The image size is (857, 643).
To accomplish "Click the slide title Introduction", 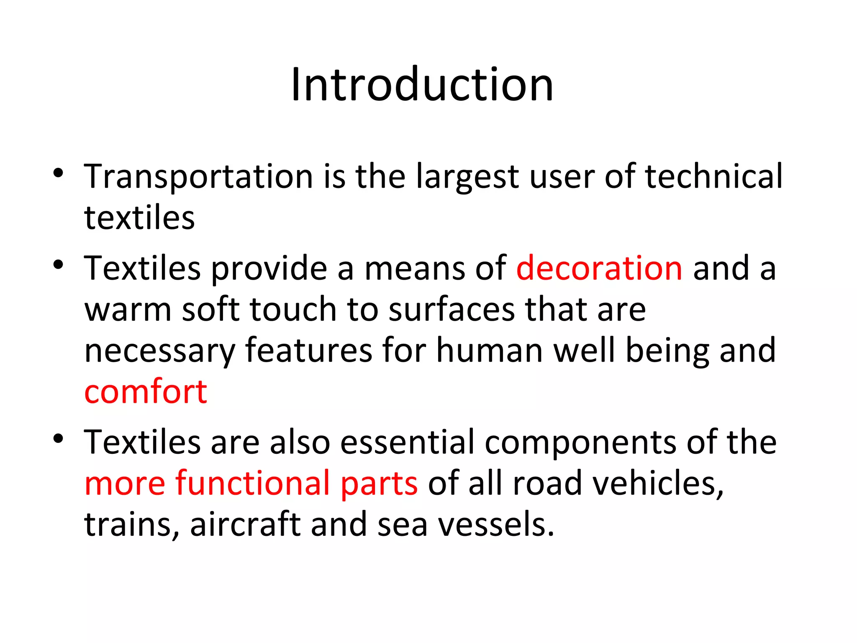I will (x=422, y=85).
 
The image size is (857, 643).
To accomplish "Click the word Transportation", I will (x=198, y=177).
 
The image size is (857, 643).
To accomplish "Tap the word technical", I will (x=713, y=177).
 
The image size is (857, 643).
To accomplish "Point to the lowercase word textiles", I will (x=139, y=218).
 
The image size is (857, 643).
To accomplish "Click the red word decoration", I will (x=599, y=268).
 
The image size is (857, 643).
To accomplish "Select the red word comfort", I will (x=146, y=392).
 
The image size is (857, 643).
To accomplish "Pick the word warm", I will (x=128, y=310).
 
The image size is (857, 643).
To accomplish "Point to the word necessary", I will (x=160, y=351).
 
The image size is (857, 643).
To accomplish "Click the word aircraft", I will (x=245, y=524).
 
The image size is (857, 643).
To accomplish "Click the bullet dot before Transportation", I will (x=58, y=172).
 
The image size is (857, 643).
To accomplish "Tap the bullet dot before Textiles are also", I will (x=58, y=439).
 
